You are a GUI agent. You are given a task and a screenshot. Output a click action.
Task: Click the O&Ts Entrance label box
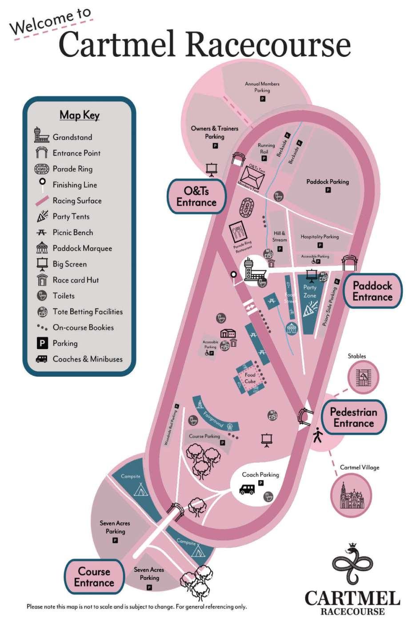point(196,197)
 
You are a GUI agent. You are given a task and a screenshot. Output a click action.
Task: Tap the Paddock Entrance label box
point(372,292)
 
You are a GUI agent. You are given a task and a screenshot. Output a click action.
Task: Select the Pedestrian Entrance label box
point(353,418)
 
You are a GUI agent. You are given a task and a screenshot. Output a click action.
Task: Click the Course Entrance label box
point(94,577)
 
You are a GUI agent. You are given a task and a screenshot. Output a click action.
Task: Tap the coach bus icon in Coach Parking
point(247,490)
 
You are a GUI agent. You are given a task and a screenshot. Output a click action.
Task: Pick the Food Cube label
point(250,378)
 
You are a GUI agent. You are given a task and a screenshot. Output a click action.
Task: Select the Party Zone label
point(310,291)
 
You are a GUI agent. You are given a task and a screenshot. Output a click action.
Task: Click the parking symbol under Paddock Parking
point(328,190)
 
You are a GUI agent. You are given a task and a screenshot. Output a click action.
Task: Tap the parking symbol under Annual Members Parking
point(262,99)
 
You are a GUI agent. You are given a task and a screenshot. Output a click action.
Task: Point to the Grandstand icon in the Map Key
point(41,135)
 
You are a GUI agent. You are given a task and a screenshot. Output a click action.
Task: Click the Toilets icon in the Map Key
point(42,296)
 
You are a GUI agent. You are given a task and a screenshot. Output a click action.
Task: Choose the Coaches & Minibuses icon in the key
point(42,359)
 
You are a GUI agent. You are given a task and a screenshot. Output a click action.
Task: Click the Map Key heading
point(80,115)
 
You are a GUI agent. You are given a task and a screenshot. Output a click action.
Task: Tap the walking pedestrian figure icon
point(318,434)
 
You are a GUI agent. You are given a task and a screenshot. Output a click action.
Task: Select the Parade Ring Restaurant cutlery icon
point(238,232)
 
